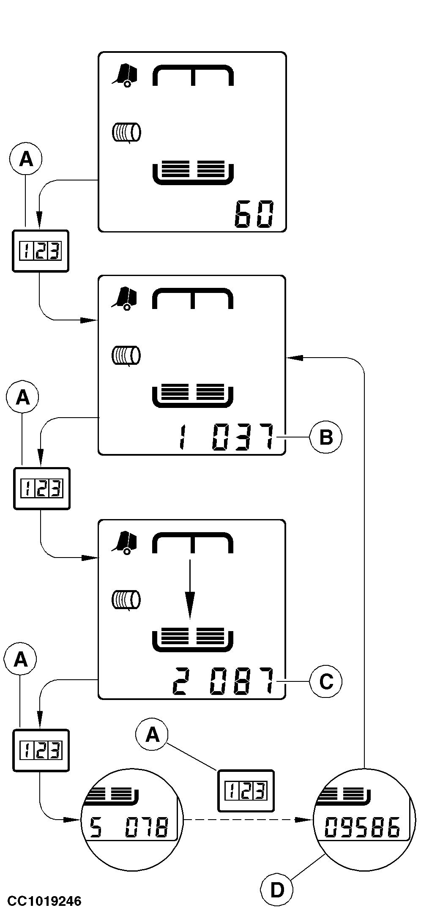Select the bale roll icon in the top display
click(126, 132)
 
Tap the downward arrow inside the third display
click(191, 589)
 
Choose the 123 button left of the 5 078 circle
click(41, 750)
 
